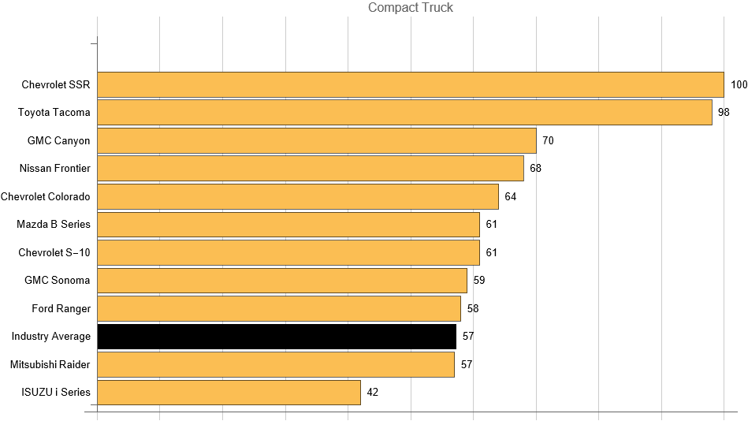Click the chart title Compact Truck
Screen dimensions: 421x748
[x=411, y=8]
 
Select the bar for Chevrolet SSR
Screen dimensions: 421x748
[x=410, y=84]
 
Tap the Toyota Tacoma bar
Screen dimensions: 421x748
[x=404, y=112]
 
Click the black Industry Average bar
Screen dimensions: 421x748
[x=277, y=337]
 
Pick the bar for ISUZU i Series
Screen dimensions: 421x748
[x=229, y=393]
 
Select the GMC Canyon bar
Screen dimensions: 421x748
[x=316, y=140]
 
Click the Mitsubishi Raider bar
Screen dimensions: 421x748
[x=275, y=364]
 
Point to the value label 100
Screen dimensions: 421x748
[x=739, y=84]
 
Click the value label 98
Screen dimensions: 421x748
[x=724, y=112]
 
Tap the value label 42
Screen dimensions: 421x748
[x=373, y=393]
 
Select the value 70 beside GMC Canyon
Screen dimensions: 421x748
[x=548, y=140]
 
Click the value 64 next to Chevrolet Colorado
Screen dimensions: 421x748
[x=510, y=196]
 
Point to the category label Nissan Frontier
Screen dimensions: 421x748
[x=55, y=168]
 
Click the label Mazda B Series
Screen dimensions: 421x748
[x=54, y=224]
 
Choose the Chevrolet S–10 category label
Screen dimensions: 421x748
[x=54, y=252]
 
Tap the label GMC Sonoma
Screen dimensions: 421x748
[x=58, y=280]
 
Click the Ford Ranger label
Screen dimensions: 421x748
[x=61, y=308]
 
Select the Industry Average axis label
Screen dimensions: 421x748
[x=51, y=337]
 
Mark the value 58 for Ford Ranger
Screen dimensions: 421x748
[x=472, y=308]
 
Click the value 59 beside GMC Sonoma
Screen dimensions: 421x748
[x=478, y=280]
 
